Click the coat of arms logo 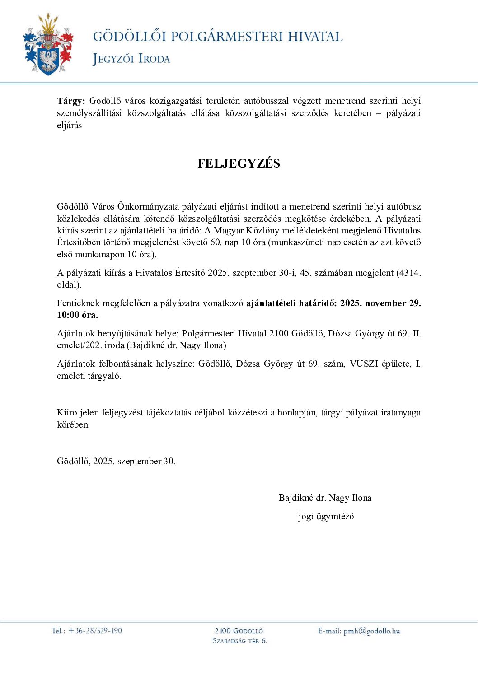[x=48, y=45]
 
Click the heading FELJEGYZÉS [x=239, y=163]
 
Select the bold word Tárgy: [x=71, y=101]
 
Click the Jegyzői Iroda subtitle [x=131, y=59]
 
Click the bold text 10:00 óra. [x=77, y=315]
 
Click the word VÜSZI [x=364, y=364]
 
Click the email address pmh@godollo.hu [x=372, y=631]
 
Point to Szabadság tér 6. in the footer [x=239, y=640]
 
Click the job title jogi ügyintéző [x=326, y=516]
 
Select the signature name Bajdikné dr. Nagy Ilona [x=325, y=498]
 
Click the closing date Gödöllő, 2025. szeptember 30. [x=116, y=461]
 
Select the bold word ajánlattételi [x=271, y=303]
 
